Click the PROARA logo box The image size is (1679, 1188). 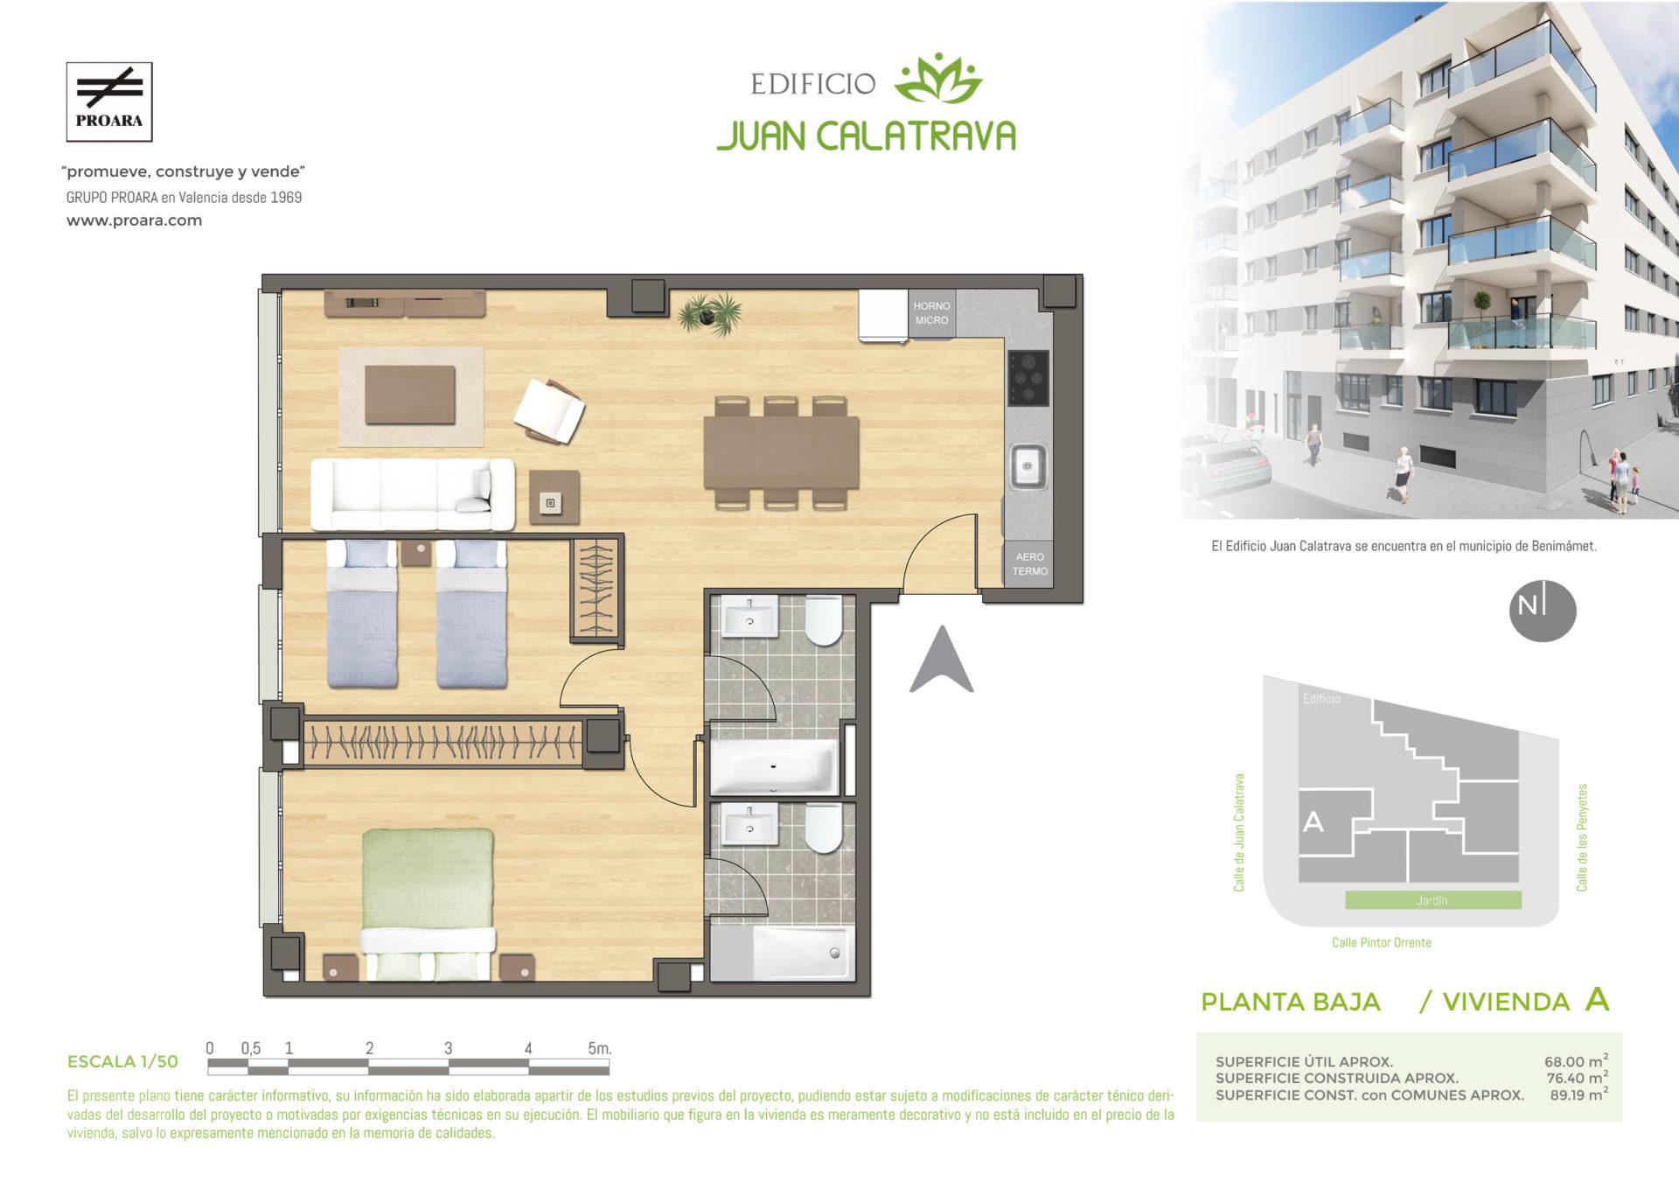109,101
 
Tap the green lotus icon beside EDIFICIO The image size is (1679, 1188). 938,80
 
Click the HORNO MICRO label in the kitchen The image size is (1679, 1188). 931,312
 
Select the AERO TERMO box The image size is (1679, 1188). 1029,563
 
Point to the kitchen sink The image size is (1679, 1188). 1028,465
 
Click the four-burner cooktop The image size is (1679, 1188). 1028,378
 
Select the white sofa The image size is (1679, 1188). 413,493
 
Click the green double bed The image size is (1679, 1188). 428,904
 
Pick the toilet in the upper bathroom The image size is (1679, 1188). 823,620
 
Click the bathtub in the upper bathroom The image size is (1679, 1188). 775,767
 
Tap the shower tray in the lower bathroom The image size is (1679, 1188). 801,953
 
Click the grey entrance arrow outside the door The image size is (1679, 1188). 941,659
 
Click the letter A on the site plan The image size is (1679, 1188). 1313,821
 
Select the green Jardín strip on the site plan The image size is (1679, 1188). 1432,900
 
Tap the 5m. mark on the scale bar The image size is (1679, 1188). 599,1048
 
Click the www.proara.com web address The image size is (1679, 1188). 135,220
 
